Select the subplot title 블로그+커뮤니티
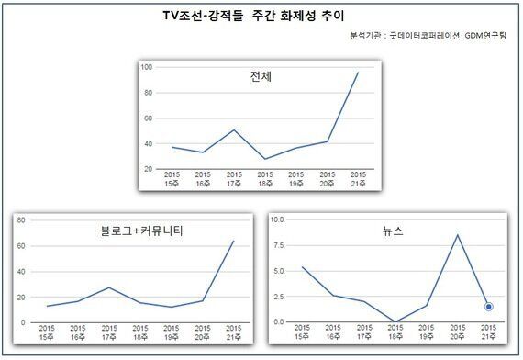point(139,231)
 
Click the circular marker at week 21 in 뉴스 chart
point(490,306)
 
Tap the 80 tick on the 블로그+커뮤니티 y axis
point(20,220)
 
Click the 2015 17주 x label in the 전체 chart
point(234,179)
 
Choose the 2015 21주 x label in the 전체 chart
point(358,179)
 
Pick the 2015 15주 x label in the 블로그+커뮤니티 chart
point(47,332)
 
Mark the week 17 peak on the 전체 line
point(234,130)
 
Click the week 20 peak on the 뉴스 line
point(458,235)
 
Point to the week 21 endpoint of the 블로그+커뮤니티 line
point(233,242)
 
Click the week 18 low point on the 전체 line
point(265,159)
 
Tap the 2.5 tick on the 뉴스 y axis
point(279,297)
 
